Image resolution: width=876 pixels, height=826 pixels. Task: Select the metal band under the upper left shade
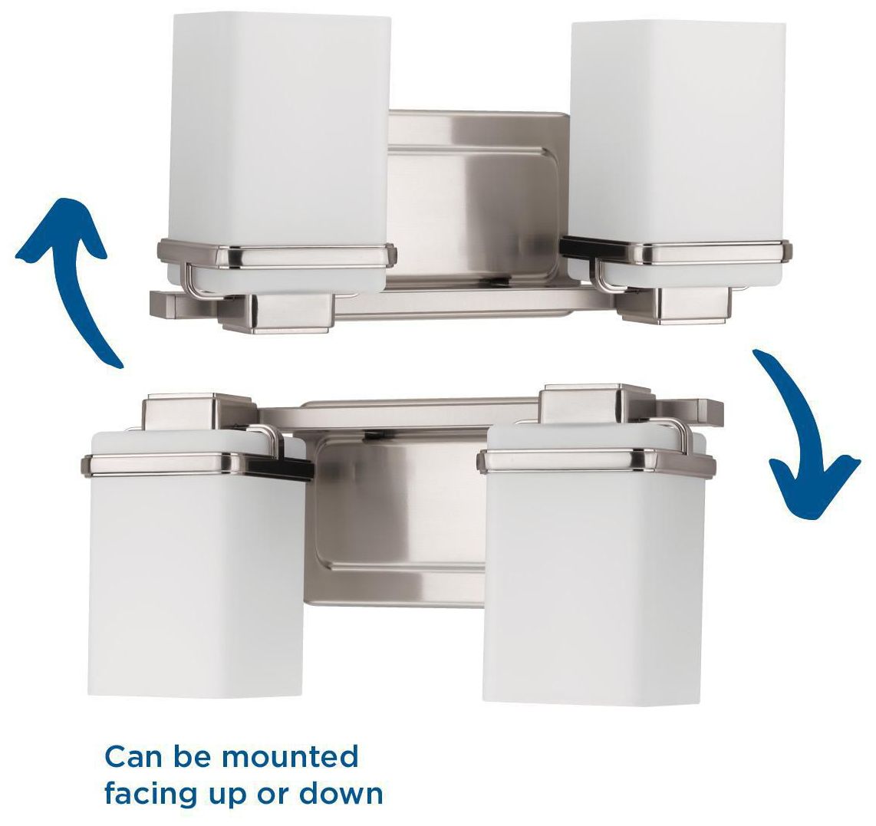click(276, 253)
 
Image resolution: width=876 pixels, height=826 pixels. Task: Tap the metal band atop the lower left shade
click(196, 462)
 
